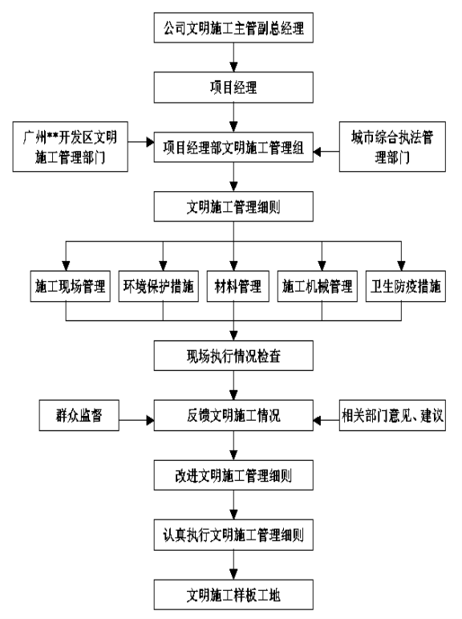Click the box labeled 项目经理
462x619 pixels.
[233, 88]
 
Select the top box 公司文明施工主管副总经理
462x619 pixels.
[233, 27]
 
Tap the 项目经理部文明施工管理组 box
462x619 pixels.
[233, 147]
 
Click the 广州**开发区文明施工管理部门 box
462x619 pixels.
[71, 146]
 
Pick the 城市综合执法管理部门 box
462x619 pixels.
[392, 146]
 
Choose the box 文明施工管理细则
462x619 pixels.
[233, 206]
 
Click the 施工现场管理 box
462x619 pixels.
[71, 286]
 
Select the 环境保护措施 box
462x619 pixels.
[159, 286]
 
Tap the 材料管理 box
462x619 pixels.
[238, 286]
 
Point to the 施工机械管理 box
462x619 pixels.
[317, 286]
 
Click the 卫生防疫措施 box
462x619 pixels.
[406, 286]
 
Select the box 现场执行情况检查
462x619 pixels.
[233, 356]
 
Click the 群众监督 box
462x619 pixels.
[79, 415]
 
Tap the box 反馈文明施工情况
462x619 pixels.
[233, 415]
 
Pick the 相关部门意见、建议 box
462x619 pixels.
[392, 415]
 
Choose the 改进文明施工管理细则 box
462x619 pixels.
[233, 475]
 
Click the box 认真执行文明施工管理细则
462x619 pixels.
[233, 535]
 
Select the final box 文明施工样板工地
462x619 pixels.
[233, 595]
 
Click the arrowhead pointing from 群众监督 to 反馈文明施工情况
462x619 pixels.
[150, 420]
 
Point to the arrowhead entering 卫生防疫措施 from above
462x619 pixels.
[401, 266]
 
